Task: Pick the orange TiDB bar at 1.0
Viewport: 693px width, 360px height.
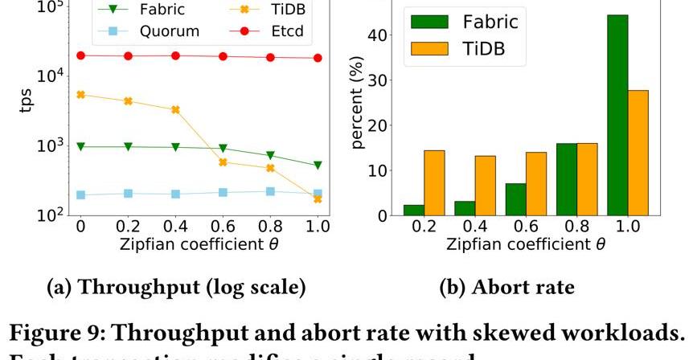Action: [x=638, y=153]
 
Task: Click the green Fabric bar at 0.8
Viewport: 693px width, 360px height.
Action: [x=566, y=179]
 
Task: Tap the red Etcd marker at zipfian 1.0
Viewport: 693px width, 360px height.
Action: [x=318, y=58]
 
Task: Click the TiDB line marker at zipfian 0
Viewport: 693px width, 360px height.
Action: [x=80, y=95]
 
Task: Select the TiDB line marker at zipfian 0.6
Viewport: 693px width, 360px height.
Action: [x=223, y=162]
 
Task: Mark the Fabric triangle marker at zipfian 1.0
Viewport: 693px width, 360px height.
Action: [x=318, y=166]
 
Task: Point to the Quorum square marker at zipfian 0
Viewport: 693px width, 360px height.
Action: [x=80, y=194]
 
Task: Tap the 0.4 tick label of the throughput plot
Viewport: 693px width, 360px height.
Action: [x=174, y=227]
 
